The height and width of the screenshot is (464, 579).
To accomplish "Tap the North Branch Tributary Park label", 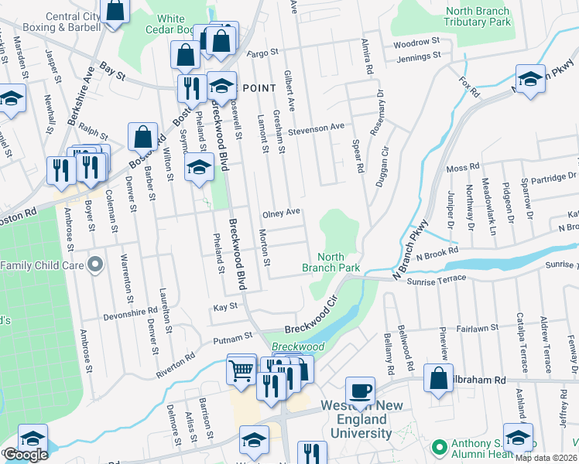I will point(478,17).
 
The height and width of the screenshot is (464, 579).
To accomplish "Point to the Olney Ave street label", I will point(281,212).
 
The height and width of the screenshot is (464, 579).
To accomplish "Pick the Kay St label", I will point(224,307).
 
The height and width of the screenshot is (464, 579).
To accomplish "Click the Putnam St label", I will point(238,336).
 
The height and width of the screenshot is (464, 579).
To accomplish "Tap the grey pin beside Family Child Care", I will point(95,265).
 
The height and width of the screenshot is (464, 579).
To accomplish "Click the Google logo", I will point(25,455).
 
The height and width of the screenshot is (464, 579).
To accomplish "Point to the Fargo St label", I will point(262,54).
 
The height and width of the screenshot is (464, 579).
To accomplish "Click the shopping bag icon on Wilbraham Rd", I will point(438,379).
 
